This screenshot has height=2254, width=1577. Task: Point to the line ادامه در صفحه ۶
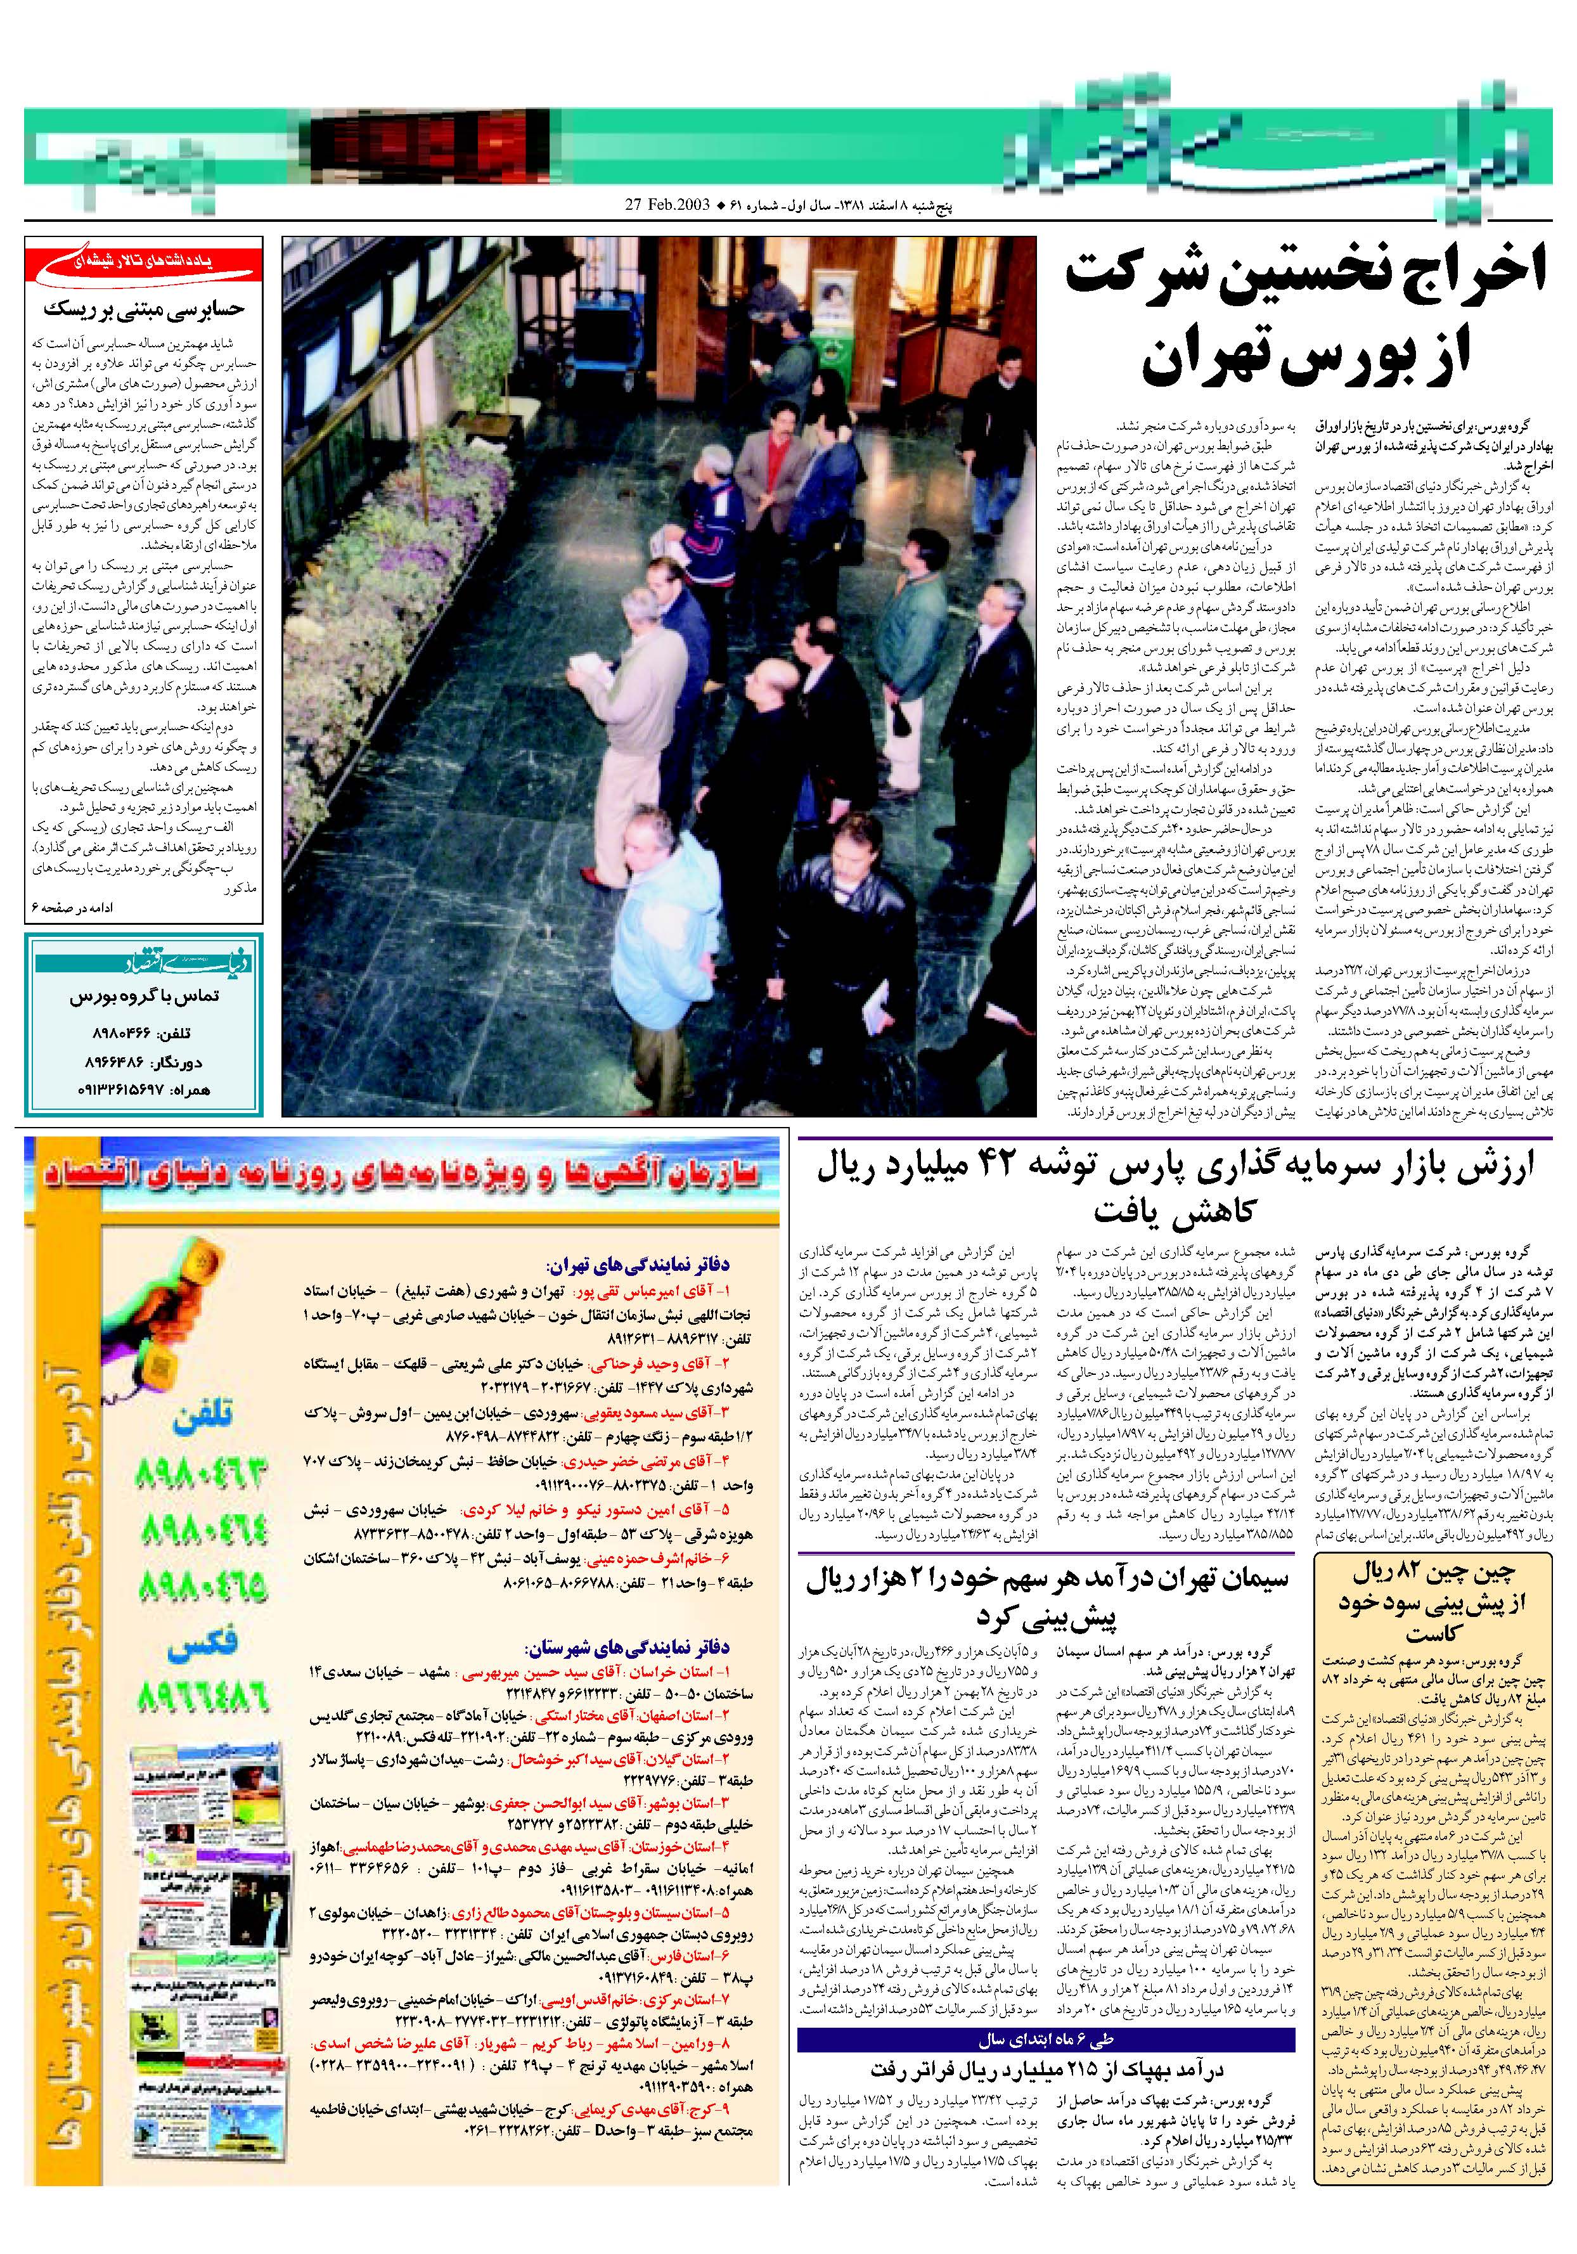73,909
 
